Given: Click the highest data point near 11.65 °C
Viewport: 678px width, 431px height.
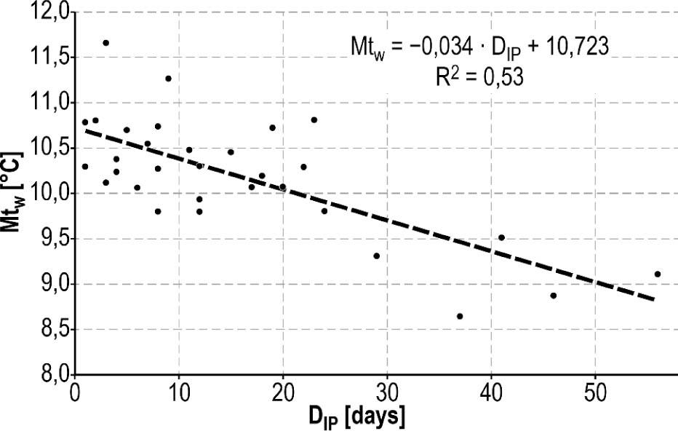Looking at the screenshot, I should tap(105, 43).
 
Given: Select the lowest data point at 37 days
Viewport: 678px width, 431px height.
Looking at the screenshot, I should tap(460, 316).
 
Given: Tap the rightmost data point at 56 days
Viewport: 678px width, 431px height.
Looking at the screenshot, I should tap(658, 274).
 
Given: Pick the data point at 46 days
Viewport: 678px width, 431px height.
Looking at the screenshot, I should tap(554, 296).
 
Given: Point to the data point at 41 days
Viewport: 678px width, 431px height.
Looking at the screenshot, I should tap(501, 237).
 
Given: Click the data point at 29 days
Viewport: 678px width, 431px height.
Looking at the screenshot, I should tap(376, 256).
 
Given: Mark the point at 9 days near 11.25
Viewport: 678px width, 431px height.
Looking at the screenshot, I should tap(168, 79).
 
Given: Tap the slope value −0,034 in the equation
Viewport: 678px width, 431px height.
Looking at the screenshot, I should tap(439, 47).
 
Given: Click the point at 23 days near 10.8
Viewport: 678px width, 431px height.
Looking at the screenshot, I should tap(314, 120).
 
